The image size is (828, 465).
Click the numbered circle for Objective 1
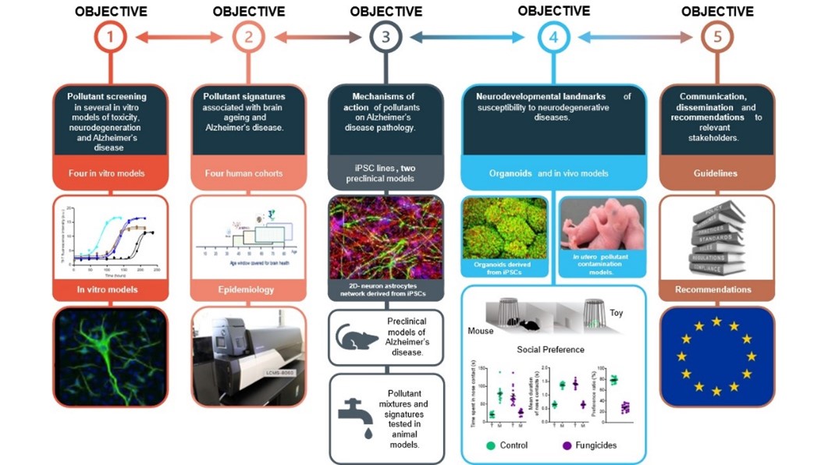(111, 37)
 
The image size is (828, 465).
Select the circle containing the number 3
(386, 37)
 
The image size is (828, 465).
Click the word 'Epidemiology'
(248, 289)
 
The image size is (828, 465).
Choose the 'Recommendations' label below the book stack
(716, 289)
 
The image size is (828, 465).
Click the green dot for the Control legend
(490, 445)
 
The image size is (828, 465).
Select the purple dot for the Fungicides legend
(567, 445)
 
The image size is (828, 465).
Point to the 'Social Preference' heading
(551, 349)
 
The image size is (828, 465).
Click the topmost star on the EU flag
(716, 321)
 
